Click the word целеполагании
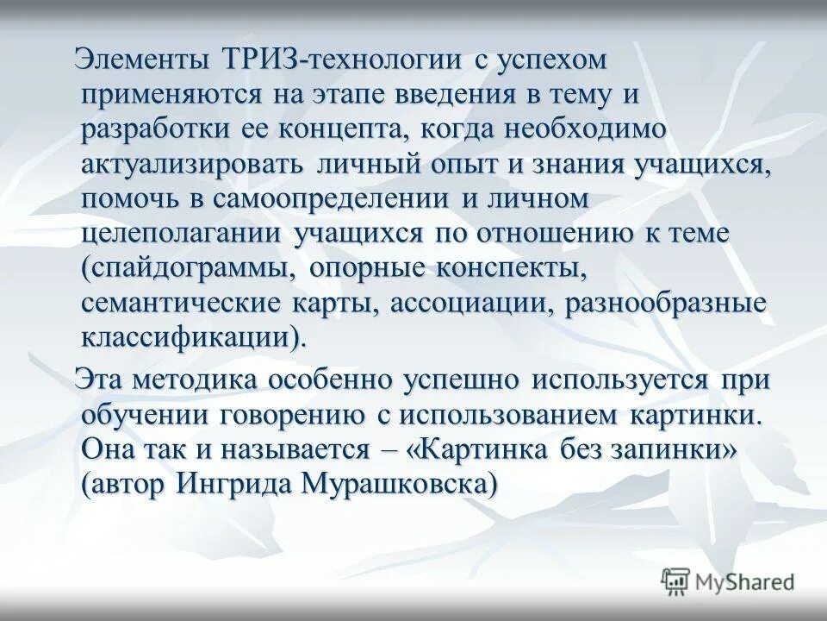coord(182,232)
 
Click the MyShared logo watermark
coord(728,582)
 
